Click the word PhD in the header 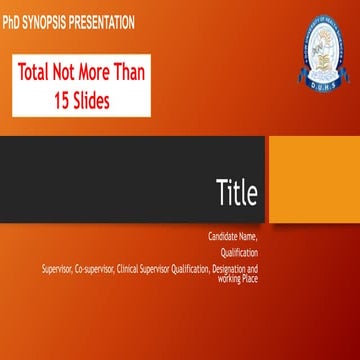pos(13,18)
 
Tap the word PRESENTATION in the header pos(106,18)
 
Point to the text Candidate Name pos(233,237)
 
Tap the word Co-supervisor pos(93,269)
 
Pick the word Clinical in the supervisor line pos(129,269)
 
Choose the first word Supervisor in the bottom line pos(56,269)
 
